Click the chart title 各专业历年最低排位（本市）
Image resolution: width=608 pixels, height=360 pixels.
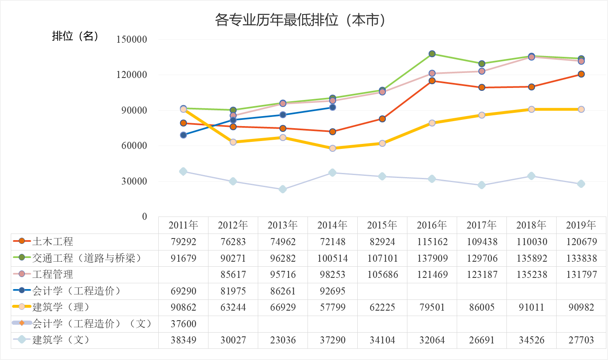point(300,19)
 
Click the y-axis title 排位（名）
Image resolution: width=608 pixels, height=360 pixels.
point(75,36)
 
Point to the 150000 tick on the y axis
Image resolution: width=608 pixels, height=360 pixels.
point(132,39)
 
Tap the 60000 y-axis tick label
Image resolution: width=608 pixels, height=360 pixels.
point(134,146)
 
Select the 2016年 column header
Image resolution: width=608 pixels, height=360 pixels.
point(432,225)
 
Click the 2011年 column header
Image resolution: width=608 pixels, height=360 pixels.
point(183,225)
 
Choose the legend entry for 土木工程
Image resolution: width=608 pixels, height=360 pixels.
point(53,241)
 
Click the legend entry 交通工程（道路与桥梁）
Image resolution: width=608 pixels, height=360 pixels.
point(87,258)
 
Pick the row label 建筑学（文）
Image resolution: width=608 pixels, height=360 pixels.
point(61,340)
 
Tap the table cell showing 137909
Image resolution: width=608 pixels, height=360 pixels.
point(432,258)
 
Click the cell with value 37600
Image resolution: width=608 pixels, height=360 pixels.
point(183,324)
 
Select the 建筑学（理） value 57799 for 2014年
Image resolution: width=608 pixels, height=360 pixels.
point(332,307)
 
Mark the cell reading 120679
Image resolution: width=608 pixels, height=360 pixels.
point(581,242)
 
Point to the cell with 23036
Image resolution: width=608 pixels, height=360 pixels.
point(283,340)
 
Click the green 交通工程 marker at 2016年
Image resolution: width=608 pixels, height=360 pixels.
point(432,54)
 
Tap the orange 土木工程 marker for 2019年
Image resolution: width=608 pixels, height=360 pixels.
point(581,74)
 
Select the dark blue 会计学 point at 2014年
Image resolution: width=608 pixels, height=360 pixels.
point(332,107)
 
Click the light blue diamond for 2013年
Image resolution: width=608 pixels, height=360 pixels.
point(283,189)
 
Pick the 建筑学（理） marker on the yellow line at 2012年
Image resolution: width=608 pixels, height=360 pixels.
point(233,142)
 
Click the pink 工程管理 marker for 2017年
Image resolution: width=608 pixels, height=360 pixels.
point(482,71)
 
